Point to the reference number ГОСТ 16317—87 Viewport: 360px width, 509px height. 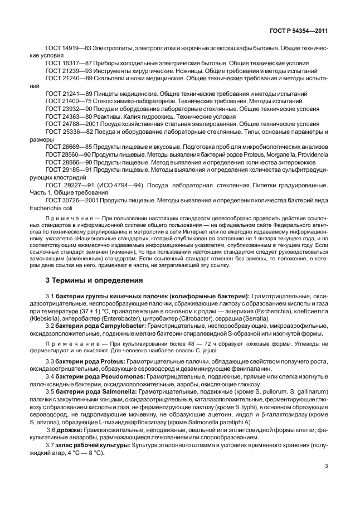pos(69,65)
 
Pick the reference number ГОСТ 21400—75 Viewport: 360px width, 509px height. pos(69,102)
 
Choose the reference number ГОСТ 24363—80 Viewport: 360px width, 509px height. pos(69,117)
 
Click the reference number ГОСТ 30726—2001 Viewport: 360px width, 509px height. pos(70,199)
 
